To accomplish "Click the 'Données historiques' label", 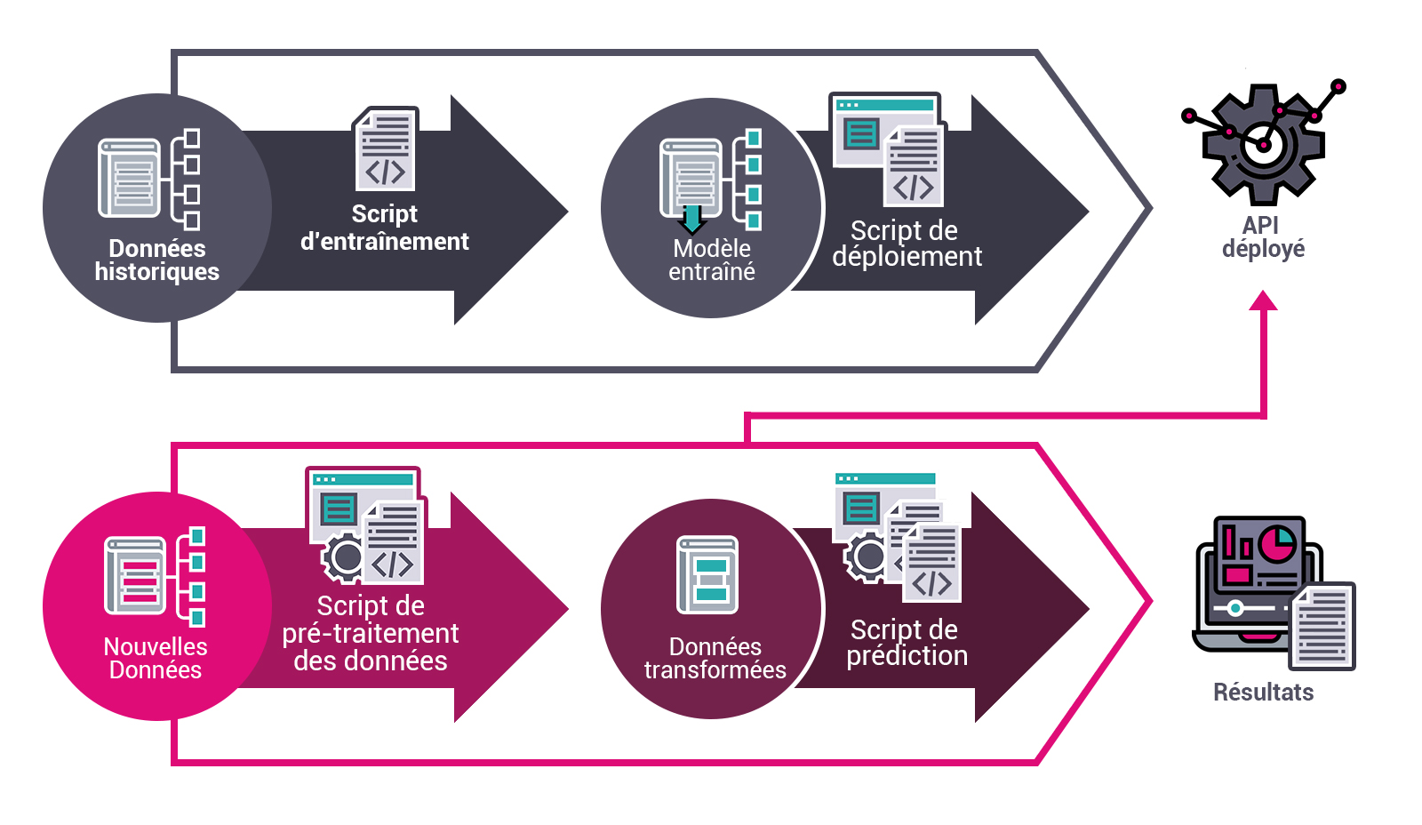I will pos(157,260).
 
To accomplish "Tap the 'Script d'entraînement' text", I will pos(384,228).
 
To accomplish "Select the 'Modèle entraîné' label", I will pos(712,260).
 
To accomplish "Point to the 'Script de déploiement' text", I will pos(906,244).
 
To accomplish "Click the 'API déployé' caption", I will pos(1263,236).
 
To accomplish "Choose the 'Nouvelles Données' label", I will pos(156,658).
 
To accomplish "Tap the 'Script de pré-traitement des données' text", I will pos(371,633).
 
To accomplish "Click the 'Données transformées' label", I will pos(715,658).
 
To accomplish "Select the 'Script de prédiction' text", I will pos(906,642).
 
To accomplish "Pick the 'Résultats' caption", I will pos(1263,692).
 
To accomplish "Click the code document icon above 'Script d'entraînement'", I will pos(386,148).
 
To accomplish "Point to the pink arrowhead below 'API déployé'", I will pos(1263,301).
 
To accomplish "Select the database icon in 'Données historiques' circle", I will pos(131,178).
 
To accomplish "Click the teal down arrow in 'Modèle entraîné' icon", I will pos(691,219).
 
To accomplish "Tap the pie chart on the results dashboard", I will pos(1277,543).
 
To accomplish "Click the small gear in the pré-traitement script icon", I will pos(344,558).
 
